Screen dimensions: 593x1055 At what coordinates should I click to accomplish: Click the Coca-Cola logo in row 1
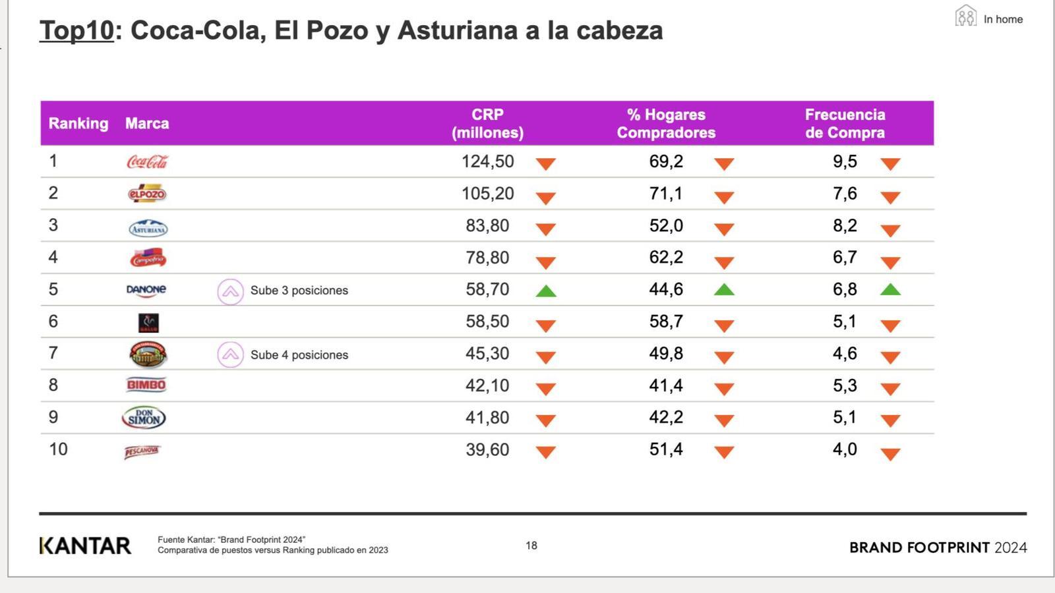tap(147, 161)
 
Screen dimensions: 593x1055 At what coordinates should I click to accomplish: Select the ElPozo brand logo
tap(146, 194)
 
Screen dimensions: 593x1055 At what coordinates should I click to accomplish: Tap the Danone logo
tap(146, 290)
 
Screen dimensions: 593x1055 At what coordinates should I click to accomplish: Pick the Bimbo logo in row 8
tap(146, 385)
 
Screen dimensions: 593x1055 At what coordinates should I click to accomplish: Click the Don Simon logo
tap(144, 417)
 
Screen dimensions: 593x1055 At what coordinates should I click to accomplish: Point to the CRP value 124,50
tap(487, 161)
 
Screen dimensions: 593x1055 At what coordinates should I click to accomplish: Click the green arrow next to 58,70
tap(546, 291)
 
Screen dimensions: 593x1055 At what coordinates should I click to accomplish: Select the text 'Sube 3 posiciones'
tap(299, 291)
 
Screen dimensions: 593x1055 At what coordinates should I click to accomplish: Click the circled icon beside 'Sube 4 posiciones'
tap(230, 355)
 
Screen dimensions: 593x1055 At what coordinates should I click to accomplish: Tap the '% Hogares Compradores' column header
tap(666, 123)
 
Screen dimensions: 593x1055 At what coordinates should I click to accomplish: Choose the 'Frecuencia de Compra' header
tap(845, 123)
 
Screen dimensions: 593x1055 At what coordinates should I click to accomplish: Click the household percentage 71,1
tap(666, 194)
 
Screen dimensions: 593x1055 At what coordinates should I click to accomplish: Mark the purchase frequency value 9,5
tap(845, 161)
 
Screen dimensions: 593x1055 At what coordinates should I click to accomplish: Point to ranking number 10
tap(58, 449)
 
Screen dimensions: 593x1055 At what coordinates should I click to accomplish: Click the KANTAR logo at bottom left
tap(85, 546)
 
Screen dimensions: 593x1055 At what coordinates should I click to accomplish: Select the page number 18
tap(531, 546)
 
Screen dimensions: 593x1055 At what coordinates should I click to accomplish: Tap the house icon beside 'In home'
tap(965, 16)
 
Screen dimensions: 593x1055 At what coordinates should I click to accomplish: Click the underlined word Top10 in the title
tap(76, 30)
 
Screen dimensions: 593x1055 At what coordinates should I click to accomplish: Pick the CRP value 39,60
tap(487, 449)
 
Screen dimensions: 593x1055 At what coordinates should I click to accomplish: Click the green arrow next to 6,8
tap(890, 290)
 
